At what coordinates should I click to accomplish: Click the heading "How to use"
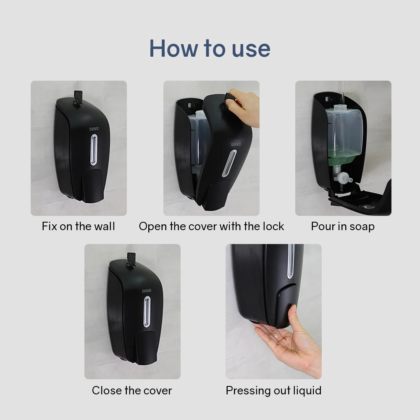[210, 48]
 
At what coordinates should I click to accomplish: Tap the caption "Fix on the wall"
[78, 226]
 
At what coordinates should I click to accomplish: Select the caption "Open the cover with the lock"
[211, 226]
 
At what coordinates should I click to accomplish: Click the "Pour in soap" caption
[343, 226]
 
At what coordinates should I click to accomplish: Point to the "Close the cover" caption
[132, 391]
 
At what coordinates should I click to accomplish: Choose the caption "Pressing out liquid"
[273, 391]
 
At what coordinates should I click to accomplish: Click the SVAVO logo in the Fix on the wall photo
[94, 129]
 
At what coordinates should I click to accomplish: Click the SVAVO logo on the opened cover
[236, 144]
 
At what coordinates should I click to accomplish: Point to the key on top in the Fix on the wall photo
[77, 96]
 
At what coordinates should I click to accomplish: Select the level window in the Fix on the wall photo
[94, 150]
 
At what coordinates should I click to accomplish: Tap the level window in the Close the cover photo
[147, 312]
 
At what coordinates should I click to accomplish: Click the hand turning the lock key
[246, 107]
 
